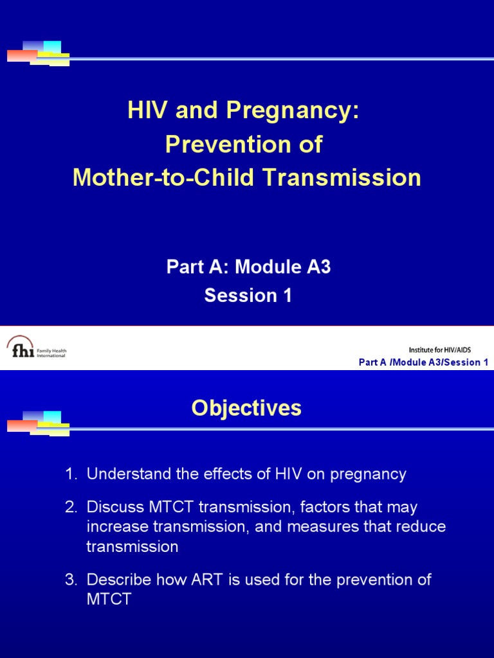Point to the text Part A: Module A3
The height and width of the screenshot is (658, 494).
[248, 267]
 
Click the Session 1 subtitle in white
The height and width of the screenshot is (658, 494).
[248, 296]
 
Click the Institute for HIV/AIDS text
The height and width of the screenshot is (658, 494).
[448, 350]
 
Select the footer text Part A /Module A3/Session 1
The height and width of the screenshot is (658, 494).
[423, 362]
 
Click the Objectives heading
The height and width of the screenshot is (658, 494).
[246, 409]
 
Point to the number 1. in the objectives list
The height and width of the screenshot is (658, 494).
[70, 475]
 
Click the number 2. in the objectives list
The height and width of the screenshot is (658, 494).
[70, 508]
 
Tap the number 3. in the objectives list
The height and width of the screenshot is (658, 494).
[70, 580]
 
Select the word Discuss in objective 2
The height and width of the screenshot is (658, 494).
[109, 508]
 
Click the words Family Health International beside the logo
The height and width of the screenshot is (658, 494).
[50, 353]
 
